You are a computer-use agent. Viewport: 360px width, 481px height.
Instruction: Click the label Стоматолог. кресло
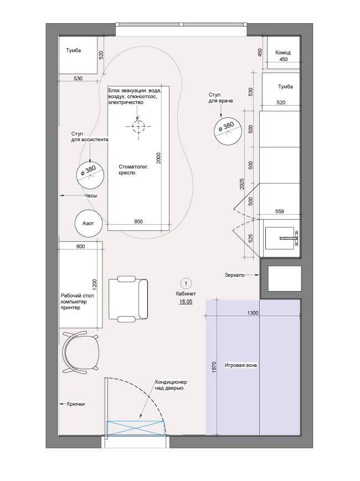[132, 169]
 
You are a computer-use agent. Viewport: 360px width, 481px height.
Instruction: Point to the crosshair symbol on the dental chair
[137, 126]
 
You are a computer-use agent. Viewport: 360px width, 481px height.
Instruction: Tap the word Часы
[91, 195]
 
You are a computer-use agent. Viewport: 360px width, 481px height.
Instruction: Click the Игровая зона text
[241, 365]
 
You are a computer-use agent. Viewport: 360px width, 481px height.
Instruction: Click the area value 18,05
[186, 302]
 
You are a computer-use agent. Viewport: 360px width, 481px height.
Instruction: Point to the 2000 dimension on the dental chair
[158, 159]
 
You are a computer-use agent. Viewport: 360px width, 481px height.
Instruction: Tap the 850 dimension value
[138, 222]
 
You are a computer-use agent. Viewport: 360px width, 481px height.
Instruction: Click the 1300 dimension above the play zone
[253, 313]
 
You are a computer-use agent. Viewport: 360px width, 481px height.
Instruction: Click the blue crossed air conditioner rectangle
[136, 427]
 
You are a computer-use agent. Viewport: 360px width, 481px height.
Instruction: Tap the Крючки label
[76, 404]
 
